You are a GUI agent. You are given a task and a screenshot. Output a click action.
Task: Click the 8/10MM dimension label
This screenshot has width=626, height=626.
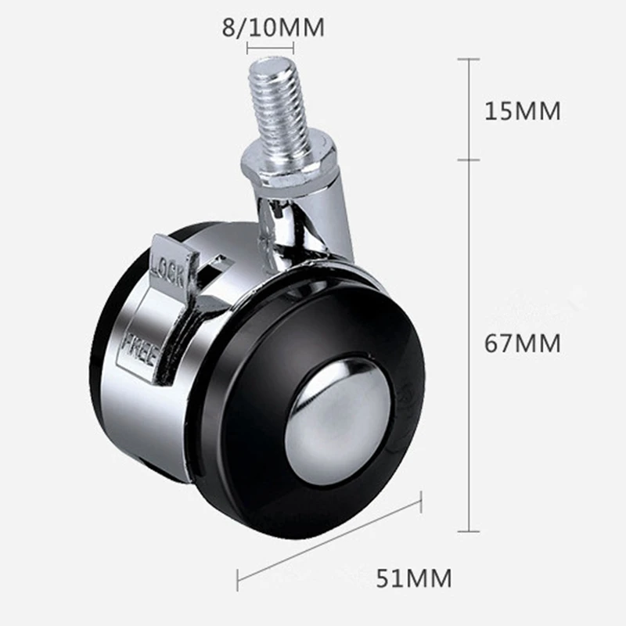273,27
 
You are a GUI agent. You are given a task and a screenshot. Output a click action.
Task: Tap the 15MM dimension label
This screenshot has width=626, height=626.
523,110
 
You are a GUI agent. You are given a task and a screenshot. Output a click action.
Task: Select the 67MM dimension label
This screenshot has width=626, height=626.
523,344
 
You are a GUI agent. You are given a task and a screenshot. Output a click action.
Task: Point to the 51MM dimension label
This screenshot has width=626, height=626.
414,578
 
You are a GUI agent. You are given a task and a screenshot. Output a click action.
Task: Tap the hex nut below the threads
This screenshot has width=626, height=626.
288,164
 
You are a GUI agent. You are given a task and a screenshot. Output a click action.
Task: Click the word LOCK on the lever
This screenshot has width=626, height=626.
167,271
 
